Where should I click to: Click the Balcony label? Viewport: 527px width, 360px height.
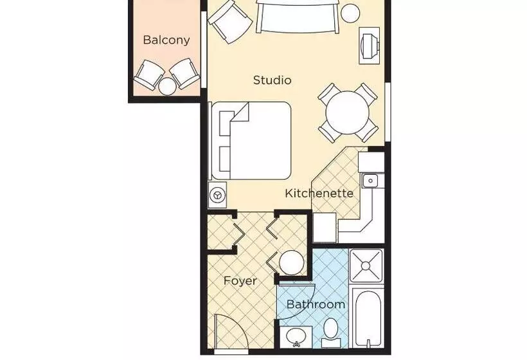166,40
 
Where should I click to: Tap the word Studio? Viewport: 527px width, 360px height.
272,80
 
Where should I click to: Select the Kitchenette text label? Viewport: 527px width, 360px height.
319,193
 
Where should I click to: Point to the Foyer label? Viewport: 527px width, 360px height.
240,281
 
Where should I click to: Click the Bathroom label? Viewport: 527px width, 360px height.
316,304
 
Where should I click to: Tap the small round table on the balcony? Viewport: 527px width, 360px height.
167,85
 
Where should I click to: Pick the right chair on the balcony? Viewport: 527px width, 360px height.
185,73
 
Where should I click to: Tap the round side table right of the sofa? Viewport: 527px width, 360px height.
351,13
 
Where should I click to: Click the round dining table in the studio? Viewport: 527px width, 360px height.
347,113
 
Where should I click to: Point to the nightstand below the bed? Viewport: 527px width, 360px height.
218,194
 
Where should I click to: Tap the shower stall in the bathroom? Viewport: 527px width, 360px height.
366,265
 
